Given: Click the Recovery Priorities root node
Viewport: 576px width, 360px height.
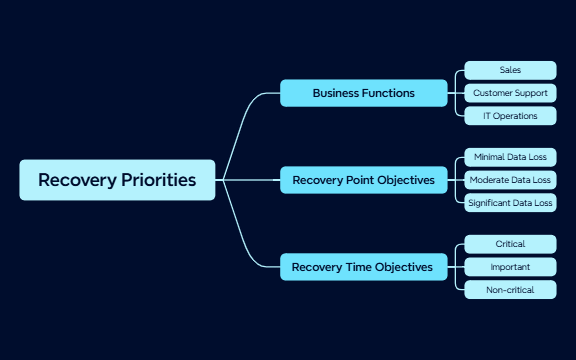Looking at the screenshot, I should (x=117, y=180).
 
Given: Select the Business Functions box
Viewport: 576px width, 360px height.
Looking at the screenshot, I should (x=363, y=93).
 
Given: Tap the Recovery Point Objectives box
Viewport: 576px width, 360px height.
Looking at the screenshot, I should (x=363, y=180).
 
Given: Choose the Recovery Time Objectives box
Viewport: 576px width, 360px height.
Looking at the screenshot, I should (x=363, y=267).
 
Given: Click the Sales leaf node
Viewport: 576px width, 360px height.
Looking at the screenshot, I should (x=510, y=70).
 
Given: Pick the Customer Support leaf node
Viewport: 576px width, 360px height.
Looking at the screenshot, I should (x=510, y=93).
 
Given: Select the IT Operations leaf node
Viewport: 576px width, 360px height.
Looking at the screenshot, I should (x=510, y=116).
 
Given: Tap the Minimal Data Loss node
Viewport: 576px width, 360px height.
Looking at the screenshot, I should (x=510, y=157).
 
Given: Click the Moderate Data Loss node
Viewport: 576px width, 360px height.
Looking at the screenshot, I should (x=510, y=180).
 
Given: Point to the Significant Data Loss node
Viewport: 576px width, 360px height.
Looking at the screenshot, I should (x=510, y=203).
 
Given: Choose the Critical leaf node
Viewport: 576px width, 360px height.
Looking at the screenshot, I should (x=510, y=244).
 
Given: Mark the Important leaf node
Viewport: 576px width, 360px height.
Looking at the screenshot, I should (x=510, y=267).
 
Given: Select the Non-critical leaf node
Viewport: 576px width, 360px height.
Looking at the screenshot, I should (x=510, y=290).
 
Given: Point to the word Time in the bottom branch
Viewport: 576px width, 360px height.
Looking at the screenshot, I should (x=365, y=267).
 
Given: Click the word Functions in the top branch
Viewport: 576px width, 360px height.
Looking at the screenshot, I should (x=387, y=93).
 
